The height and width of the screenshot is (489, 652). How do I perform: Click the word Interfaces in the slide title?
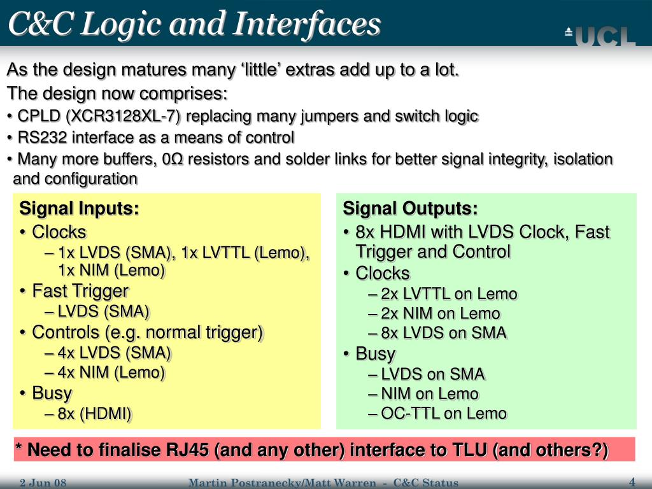tap(308, 24)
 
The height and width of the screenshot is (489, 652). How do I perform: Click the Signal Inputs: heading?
tap(80, 208)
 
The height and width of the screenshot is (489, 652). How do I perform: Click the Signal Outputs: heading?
tap(410, 208)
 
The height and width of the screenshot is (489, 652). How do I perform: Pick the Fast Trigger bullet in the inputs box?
tap(80, 292)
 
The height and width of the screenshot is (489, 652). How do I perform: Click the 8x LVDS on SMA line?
tap(444, 332)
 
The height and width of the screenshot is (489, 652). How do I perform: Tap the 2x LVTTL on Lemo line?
tap(449, 294)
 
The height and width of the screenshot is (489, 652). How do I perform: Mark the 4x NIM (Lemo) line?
tap(111, 373)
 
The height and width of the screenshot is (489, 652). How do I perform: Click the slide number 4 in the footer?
tap(632, 481)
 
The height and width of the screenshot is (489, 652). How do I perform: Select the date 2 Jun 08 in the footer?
tap(43, 483)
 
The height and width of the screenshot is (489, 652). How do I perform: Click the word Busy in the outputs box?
tap(376, 353)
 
